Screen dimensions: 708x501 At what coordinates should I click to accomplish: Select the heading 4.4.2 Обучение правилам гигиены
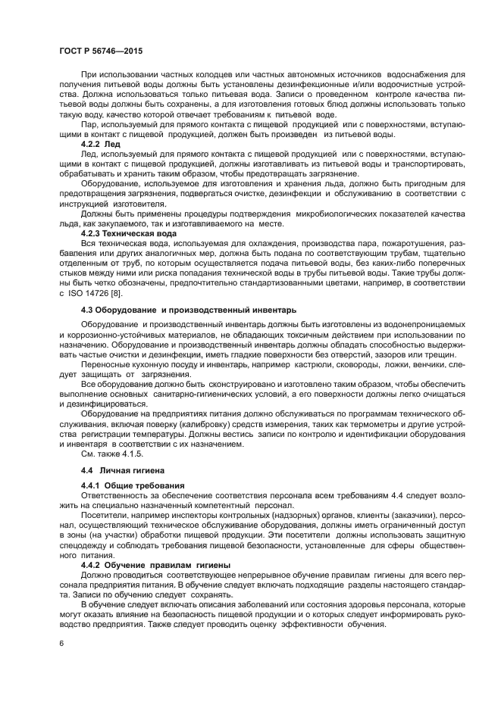(150, 565)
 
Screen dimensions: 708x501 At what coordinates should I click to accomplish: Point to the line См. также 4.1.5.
(111, 454)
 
